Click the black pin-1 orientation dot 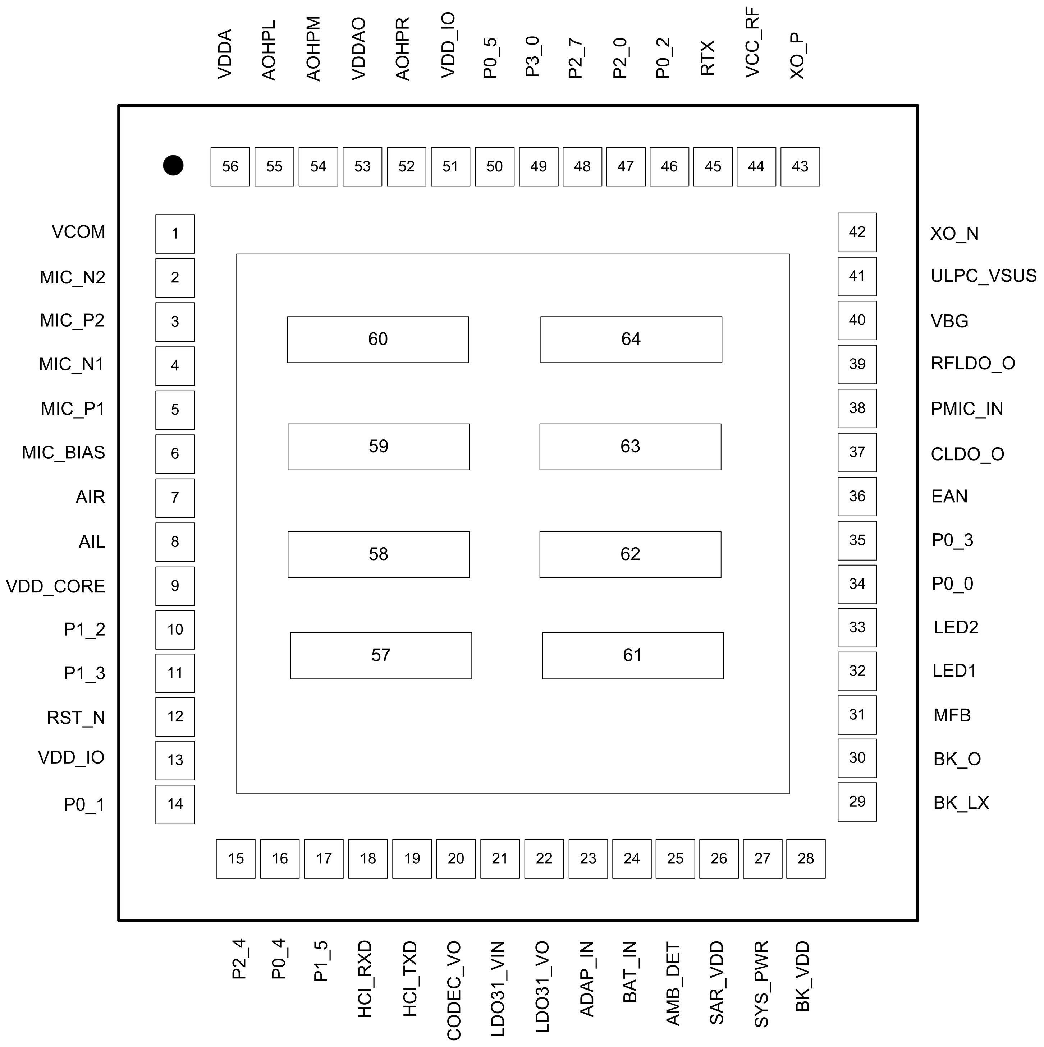pos(173,165)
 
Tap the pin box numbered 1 pos(175,234)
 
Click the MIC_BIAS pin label pos(64,452)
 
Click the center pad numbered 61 pos(633,656)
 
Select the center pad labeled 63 pos(630,447)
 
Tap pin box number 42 pos(857,232)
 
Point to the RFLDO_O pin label pos(973,363)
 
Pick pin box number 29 pos(857,802)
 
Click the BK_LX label pos(961,803)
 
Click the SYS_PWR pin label pos(761,984)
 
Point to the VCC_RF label pos(752,43)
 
